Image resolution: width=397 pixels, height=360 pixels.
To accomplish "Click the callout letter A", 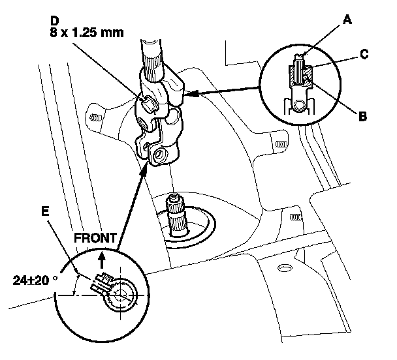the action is (x=347, y=20).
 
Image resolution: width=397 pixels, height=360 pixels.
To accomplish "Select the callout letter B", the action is (x=363, y=117).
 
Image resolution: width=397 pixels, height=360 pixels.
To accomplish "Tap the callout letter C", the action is (x=364, y=54).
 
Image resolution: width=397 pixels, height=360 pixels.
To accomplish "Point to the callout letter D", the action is (x=54, y=21).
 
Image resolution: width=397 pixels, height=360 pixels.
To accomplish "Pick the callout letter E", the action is (x=45, y=211).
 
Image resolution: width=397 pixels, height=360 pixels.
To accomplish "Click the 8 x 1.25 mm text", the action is (x=87, y=33).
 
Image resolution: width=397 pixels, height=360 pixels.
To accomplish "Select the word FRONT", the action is (x=95, y=238).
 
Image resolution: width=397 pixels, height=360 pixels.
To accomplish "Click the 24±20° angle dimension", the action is (x=35, y=280).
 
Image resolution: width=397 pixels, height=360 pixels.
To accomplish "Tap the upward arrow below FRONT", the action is (x=102, y=260).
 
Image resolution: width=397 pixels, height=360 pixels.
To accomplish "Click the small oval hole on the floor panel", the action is (x=285, y=267).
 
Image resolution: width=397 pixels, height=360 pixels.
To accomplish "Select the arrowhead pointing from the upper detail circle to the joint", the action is (x=191, y=94).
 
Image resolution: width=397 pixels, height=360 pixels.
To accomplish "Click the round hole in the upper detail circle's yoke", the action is (x=300, y=106).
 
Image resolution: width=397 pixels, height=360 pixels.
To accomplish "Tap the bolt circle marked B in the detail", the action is (x=306, y=78).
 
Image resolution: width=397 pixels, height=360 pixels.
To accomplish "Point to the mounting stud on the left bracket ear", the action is (x=96, y=117).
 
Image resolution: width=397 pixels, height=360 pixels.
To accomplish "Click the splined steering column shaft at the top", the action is (x=151, y=60).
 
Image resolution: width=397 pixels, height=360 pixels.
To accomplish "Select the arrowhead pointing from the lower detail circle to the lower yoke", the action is (x=144, y=169).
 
